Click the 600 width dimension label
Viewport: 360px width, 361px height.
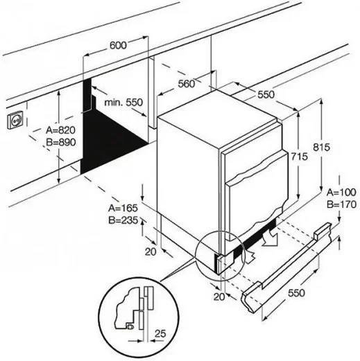pyautogui.click(x=118, y=45)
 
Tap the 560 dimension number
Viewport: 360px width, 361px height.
pyautogui.click(x=187, y=84)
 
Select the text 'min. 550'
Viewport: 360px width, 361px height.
pyautogui.click(x=123, y=103)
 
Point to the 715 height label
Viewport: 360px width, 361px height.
pyautogui.click(x=299, y=157)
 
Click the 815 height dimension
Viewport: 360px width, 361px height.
pyautogui.click(x=321, y=147)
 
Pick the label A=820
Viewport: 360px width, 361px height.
pyautogui.click(x=60, y=130)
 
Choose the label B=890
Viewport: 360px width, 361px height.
pyautogui.click(x=61, y=142)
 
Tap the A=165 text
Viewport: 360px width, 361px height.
pyautogui.click(x=123, y=208)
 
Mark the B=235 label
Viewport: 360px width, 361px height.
pyautogui.click(x=123, y=220)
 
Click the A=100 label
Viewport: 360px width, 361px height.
pyautogui.click(x=341, y=193)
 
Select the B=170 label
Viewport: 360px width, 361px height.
pyautogui.click(x=341, y=204)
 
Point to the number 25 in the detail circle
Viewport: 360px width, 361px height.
pyautogui.click(x=160, y=333)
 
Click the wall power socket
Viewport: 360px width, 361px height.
pyautogui.click(x=15, y=121)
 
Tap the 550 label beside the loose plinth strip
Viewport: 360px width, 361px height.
pyautogui.click(x=296, y=293)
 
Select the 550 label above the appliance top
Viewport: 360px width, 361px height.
pyautogui.click(x=266, y=94)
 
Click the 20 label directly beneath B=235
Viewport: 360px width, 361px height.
pyautogui.click(x=151, y=252)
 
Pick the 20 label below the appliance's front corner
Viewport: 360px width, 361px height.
pyautogui.click(x=219, y=297)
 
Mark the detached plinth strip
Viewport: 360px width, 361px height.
pyautogui.click(x=286, y=267)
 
